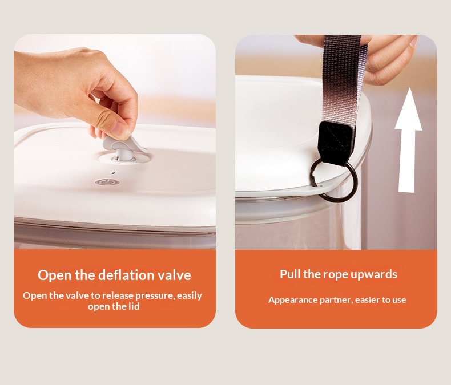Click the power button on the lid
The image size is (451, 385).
(107, 182)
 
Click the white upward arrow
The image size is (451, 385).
(408, 140)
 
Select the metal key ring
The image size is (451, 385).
(333, 180)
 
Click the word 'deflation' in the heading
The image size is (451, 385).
(126, 275)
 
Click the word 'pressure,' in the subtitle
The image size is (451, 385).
(155, 296)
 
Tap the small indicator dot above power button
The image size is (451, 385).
(114, 173)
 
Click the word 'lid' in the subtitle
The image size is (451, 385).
(134, 306)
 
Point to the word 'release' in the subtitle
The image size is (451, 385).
(118, 295)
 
